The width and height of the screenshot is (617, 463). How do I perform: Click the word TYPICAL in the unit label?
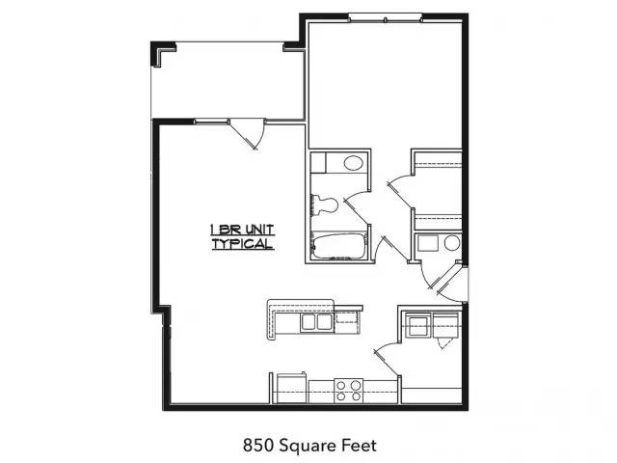[243, 244]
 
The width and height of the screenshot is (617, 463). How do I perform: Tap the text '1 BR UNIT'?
[242, 230]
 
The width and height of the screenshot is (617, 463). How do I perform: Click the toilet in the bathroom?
[325, 205]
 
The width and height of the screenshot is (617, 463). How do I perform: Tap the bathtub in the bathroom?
[340, 247]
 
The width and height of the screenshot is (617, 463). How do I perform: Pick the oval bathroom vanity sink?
[353, 163]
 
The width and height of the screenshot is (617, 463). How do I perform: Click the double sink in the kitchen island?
[317, 321]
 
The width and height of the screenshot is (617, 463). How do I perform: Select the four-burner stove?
[349, 391]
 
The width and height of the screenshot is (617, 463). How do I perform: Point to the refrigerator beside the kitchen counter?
[291, 388]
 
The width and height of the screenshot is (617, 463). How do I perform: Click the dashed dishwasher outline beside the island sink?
[347, 323]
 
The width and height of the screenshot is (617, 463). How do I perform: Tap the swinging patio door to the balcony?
[247, 133]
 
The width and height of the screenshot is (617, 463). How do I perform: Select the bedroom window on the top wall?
[386, 17]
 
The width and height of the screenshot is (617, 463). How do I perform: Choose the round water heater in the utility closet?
[452, 243]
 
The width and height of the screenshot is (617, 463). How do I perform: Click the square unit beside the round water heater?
[428, 243]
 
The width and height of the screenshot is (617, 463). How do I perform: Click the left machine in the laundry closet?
[418, 325]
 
